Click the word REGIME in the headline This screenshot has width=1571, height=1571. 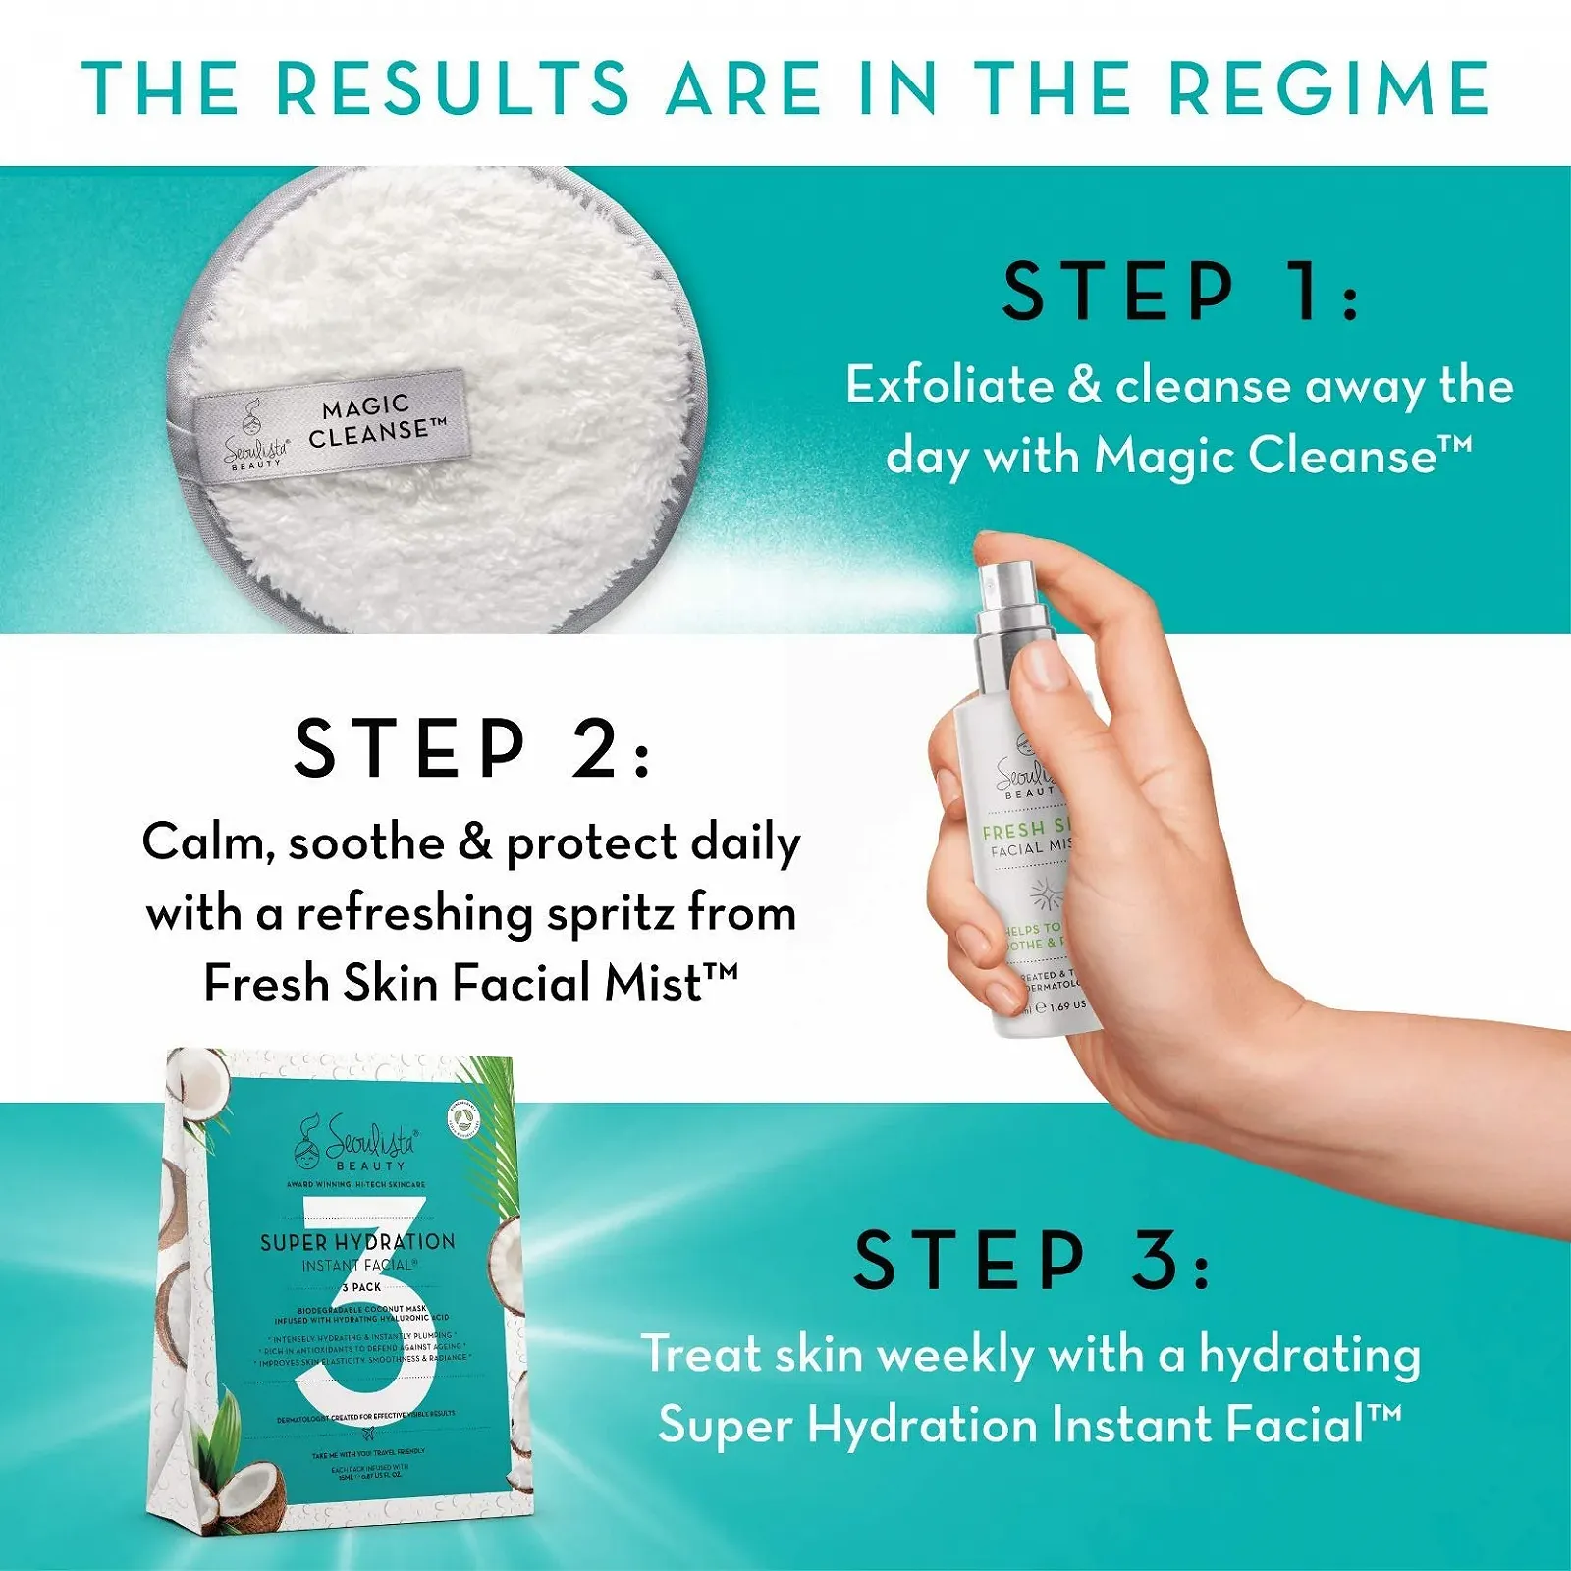pos(1329,88)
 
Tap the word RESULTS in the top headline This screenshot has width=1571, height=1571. pos(453,88)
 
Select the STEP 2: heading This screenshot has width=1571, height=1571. pos(472,748)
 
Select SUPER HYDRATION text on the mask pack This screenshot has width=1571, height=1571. pos(357,1242)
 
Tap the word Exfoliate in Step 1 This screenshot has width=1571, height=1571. pos(949,384)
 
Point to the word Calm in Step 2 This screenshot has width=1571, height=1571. pos(203,842)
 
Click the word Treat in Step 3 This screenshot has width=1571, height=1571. pos(701,1355)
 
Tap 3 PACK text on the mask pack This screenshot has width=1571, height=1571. pos(361,1286)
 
